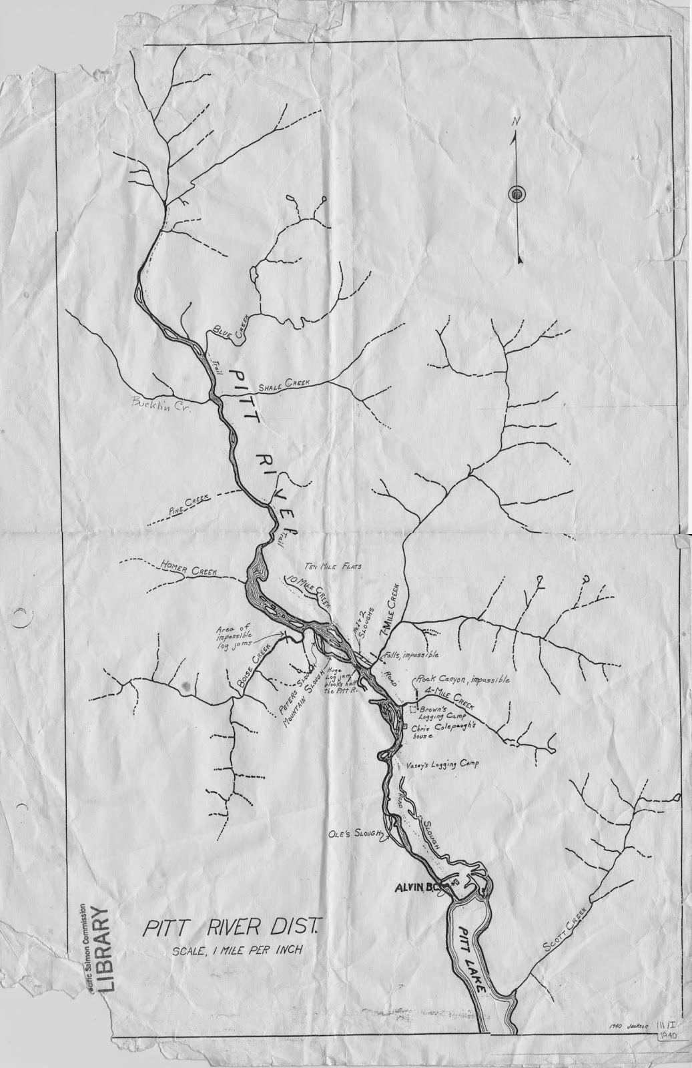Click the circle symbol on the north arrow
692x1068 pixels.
click(x=517, y=194)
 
